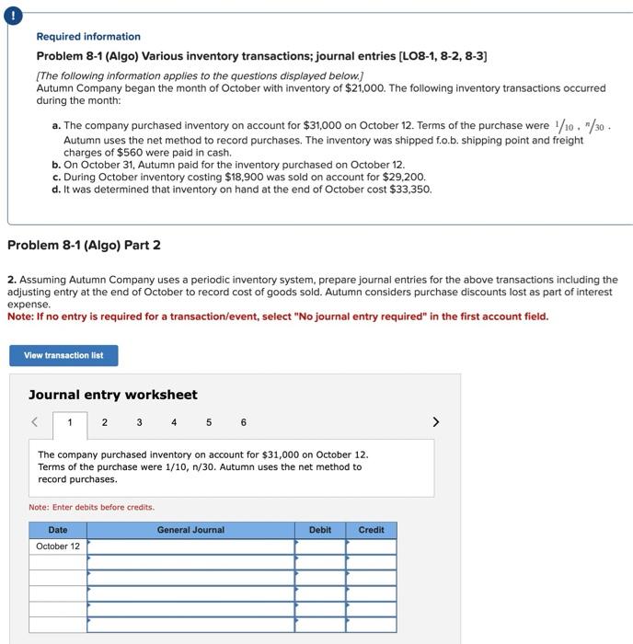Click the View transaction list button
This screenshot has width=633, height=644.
click(63, 355)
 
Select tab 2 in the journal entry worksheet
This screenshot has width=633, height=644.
click(104, 422)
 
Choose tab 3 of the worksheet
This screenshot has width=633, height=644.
click(139, 422)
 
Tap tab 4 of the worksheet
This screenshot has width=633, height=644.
click(174, 422)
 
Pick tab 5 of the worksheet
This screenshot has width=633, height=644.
click(209, 422)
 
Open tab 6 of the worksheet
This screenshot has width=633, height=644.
click(243, 422)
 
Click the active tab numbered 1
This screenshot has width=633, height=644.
click(70, 423)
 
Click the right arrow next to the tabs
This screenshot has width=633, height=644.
click(436, 422)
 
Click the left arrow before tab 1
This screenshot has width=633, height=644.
click(35, 422)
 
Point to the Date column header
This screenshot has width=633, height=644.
click(58, 530)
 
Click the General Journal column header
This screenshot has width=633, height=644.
click(190, 530)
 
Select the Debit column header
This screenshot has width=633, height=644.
click(320, 530)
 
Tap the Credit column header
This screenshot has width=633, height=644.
click(371, 530)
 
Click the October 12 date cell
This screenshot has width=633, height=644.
click(58, 546)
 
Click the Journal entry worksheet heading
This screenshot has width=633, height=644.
click(113, 395)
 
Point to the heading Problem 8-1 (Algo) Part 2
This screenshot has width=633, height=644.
click(84, 246)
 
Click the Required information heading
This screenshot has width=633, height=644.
click(88, 37)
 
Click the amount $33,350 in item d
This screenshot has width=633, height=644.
click(410, 190)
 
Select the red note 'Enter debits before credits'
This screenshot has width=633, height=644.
click(92, 507)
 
